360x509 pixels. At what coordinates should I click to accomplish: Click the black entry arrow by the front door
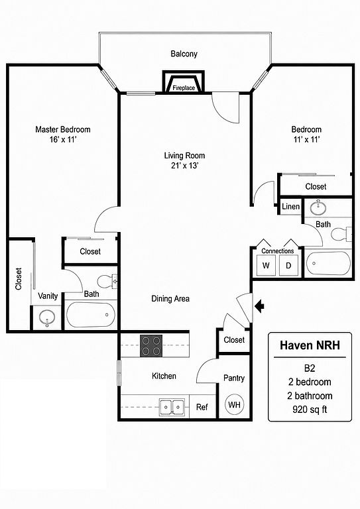(x=260, y=306)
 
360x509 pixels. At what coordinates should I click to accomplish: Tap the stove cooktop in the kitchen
(x=151, y=346)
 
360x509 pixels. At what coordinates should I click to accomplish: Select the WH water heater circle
(x=234, y=404)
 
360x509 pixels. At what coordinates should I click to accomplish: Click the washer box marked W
(x=266, y=265)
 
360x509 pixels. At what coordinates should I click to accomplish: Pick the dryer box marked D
(x=288, y=265)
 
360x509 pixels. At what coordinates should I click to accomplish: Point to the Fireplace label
(x=184, y=87)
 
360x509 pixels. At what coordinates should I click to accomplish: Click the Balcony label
(x=184, y=54)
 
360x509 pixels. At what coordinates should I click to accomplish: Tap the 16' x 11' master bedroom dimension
(x=62, y=140)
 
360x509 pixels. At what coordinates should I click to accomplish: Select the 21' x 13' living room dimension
(x=184, y=166)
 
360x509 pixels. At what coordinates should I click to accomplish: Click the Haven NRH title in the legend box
(x=310, y=345)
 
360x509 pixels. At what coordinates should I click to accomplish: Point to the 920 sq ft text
(x=310, y=410)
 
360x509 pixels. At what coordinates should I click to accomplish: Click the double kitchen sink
(x=172, y=407)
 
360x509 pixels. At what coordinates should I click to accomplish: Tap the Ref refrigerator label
(x=202, y=407)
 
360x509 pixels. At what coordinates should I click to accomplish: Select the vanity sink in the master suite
(x=47, y=318)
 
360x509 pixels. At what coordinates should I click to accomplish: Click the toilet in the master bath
(x=107, y=281)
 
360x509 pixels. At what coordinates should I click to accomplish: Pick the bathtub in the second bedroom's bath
(x=328, y=263)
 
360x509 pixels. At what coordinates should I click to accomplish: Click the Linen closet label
(x=290, y=206)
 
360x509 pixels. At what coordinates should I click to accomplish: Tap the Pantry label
(x=234, y=378)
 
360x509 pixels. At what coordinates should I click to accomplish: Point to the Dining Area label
(x=170, y=298)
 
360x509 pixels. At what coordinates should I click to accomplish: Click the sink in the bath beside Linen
(x=318, y=207)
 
